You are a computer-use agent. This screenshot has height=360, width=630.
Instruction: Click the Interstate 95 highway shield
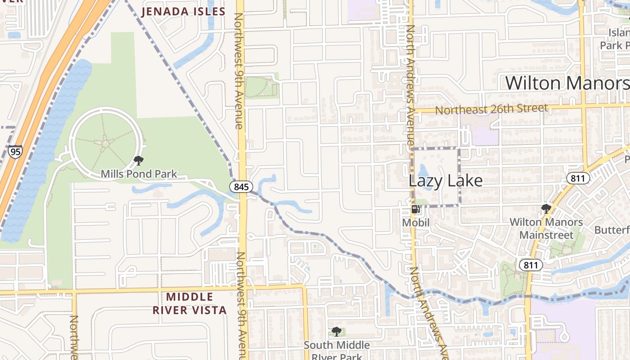click(x=15, y=152)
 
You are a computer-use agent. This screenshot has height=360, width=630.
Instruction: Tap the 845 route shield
click(x=238, y=186)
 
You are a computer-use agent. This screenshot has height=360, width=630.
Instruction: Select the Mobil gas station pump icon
click(x=415, y=209)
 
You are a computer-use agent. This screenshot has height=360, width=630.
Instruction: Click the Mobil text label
click(x=415, y=222)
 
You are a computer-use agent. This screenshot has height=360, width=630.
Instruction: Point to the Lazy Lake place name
click(x=445, y=181)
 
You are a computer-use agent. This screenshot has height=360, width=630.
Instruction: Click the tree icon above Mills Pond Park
click(x=139, y=161)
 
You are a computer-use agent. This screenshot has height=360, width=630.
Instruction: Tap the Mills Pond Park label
click(x=139, y=174)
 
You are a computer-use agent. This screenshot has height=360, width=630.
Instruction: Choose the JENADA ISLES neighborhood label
click(x=183, y=12)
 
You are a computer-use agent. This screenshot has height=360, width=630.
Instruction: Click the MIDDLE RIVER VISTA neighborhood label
click(x=189, y=303)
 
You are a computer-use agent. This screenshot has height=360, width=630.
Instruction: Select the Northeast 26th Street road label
click(x=491, y=109)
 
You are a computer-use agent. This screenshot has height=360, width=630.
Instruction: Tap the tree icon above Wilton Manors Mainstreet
click(x=546, y=208)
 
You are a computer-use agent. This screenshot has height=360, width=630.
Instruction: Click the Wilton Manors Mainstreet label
click(x=546, y=228)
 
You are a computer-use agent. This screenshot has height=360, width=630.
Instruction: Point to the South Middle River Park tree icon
click(x=336, y=332)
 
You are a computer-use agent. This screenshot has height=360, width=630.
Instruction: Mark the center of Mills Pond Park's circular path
click(x=105, y=144)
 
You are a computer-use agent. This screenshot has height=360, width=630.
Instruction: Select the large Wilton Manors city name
click(x=567, y=83)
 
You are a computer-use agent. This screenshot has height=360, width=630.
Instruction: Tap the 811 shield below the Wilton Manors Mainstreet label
click(x=531, y=265)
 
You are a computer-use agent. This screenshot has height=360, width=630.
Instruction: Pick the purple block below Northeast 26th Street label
click(x=480, y=130)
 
